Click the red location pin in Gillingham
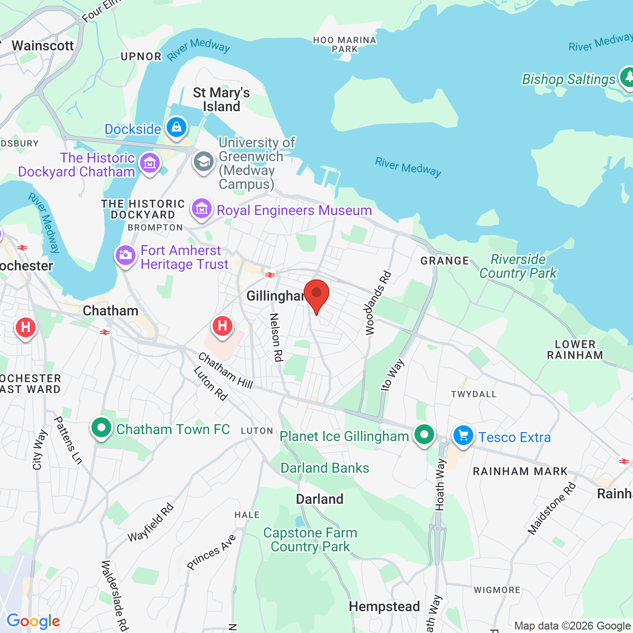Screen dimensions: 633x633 pos(316,295)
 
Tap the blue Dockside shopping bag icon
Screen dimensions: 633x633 pos(177,128)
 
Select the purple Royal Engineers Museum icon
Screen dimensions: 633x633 pos(202,209)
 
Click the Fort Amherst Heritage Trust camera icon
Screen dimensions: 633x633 pos(126,256)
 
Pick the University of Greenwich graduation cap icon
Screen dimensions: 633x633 pos(203,162)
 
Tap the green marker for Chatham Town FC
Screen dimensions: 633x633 pos(101,428)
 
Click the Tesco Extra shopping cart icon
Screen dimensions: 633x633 pos(463,436)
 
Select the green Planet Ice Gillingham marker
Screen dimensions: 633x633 pos(424,435)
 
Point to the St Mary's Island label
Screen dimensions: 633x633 pos(221,99)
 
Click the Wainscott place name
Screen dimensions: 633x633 pos(43,45)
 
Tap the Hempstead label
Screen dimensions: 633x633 pos(384,606)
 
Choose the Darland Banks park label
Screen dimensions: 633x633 pos(324,468)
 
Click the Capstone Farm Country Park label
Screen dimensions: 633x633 pos(310,540)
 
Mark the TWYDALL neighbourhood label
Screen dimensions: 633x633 pos(473,394)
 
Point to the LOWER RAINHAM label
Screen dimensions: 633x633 pos(575,350)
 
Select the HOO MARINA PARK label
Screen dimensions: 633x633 pos(345,45)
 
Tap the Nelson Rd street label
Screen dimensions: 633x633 pos(276,337)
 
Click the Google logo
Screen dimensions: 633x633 pos(33,621)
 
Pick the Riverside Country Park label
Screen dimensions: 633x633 pos(518,266)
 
